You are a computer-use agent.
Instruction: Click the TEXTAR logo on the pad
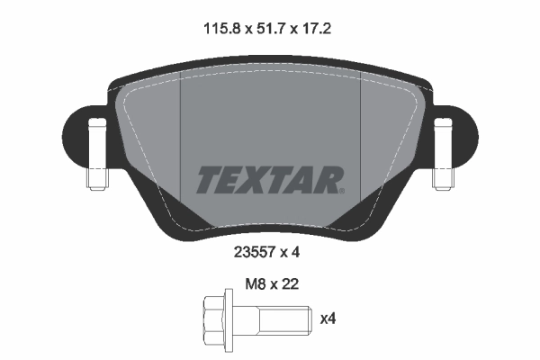[x=269, y=179]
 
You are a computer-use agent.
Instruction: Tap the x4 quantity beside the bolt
[x=330, y=318]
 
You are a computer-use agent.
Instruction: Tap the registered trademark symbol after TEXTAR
[x=340, y=190]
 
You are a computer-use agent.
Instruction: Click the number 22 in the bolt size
[x=289, y=283]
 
